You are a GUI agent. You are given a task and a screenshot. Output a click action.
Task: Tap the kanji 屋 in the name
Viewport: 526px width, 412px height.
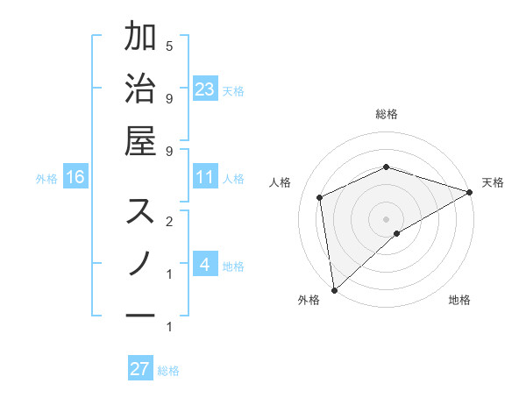pyautogui.click(x=140, y=140)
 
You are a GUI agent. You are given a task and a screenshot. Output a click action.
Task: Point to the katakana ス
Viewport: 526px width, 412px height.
pyautogui.click(x=140, y=211)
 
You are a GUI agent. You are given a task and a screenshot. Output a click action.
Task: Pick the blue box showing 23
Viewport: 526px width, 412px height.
pyautogui.click(x=205, y=89)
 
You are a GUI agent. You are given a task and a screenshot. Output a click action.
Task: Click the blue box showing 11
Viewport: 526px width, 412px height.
pyautogui.click(x=205, y=178)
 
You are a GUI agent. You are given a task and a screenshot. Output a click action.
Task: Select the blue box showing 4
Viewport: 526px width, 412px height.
pyautogui.click(x=205, y=266)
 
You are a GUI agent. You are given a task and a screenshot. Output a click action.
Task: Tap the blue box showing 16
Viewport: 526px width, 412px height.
pyautogui.click(x=75, y=178)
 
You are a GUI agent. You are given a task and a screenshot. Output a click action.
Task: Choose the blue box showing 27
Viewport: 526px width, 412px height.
pyautogui.click(x=140, y=369)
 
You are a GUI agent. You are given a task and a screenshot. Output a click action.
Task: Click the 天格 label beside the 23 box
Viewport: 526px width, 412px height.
pyautogui.click(x=233, y=91)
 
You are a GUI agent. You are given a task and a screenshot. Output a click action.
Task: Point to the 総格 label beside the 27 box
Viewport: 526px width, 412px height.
pyautogui.click(x=168, y=371)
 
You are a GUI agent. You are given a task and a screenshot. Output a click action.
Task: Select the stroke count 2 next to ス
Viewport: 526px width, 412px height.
pyautogui.click(x=169, y=221)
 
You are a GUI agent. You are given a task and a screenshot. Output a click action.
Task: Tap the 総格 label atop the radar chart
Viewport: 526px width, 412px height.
pyautogui.click(x=387, y=114)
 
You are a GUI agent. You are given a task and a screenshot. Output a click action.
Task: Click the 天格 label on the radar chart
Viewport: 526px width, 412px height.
pyautogui.click(x=493, y=182)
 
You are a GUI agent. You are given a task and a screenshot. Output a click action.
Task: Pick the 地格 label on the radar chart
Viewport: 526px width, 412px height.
pyautogui.click(x=459, y=301)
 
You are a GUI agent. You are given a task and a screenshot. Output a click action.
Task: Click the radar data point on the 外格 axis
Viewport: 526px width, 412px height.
pyautogui.click(x=334, y=290)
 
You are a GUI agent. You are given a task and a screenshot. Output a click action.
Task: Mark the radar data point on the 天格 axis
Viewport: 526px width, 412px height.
pyautogui.click(x=469, y=192)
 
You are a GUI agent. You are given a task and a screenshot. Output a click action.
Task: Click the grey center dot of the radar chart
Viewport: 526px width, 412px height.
pyautogui.click(x=387, y=218)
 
